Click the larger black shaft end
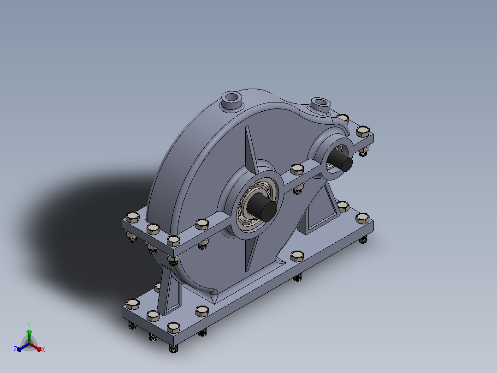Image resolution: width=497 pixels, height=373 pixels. [x=262, y=208]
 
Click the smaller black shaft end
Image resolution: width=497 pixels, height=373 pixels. [x=340, y=161]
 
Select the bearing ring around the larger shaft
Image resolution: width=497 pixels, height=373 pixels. [x=256, y=205]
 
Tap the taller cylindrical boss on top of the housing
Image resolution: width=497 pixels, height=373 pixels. [x=232, y=101]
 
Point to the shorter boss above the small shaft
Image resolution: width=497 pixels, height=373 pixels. [x=320, y=105]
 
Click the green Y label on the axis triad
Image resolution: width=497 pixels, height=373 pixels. [x=29, y=325]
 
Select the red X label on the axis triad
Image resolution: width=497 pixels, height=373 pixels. [x=43, y=349]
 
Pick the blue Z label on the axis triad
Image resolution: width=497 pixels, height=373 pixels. [x=15, y=349]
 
